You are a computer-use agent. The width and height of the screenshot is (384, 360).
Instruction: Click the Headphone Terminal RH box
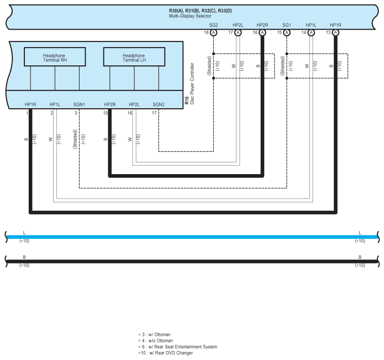[55, 57]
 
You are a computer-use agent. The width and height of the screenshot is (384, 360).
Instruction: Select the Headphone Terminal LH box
[134, 57]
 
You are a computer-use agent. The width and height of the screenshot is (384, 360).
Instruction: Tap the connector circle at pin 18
[213, 32]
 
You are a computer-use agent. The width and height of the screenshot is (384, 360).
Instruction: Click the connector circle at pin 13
[336, 32]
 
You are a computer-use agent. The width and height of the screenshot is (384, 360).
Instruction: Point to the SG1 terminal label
[287, 24]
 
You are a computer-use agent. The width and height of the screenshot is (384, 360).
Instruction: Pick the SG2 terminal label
[213, 24]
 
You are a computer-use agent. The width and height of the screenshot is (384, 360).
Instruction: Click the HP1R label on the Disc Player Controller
[31, 104]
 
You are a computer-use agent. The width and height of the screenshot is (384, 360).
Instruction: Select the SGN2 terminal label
[158, 104]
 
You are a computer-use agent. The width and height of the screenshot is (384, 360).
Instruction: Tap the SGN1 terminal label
[79, 104]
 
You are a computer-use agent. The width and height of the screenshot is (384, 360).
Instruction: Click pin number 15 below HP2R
[105, 113]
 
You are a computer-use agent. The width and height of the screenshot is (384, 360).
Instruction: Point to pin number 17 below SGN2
[154, 113]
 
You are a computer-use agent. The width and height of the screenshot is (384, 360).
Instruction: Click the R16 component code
[187, 99]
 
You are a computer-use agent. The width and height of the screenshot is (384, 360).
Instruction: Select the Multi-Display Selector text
[190, 16]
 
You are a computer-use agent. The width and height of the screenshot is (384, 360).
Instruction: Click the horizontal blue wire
[188, 237]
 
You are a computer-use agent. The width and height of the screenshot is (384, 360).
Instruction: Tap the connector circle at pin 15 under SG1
[287, 32]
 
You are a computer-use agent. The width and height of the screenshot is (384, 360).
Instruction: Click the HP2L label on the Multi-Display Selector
[238, 24]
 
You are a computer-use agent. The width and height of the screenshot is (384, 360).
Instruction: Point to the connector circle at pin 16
[262, 32]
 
